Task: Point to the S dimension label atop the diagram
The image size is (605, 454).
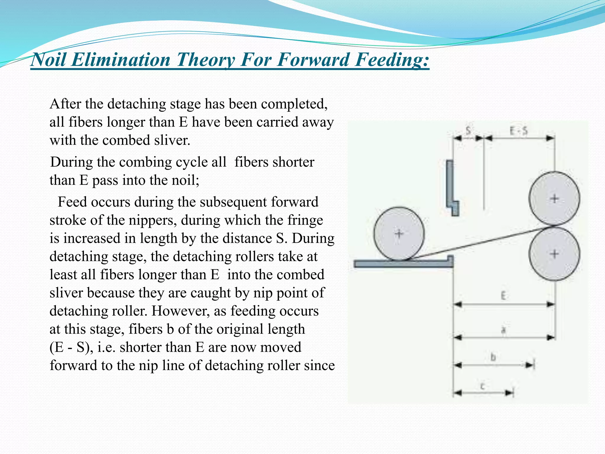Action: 469,130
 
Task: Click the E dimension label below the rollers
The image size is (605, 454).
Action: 503,295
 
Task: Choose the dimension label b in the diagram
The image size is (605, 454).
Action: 493,357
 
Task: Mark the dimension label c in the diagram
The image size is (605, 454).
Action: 483,386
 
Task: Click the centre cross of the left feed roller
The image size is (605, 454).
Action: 399,234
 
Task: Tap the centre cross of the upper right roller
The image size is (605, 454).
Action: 554,199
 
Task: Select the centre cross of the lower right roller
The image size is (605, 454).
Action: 554,254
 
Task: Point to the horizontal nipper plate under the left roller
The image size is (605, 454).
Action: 402,264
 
